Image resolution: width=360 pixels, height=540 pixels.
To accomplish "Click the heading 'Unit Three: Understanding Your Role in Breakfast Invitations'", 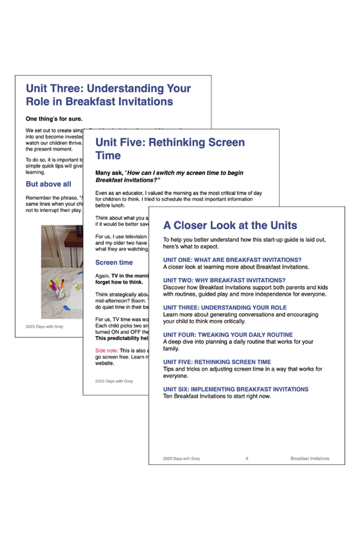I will [x=108, y=95].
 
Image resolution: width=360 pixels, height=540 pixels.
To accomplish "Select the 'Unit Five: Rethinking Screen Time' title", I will [x=170, y=149].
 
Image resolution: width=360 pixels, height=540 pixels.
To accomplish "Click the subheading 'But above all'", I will [x=48, y=184].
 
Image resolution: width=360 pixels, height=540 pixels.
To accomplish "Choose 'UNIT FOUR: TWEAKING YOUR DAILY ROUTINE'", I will [x=236, y=335].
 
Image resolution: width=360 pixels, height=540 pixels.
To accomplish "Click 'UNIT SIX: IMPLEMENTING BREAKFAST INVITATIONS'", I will [x=236, y=389].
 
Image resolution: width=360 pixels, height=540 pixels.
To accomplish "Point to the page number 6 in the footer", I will [x=247, y=458].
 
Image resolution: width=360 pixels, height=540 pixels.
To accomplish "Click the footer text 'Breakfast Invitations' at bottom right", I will [x=309, y=458].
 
